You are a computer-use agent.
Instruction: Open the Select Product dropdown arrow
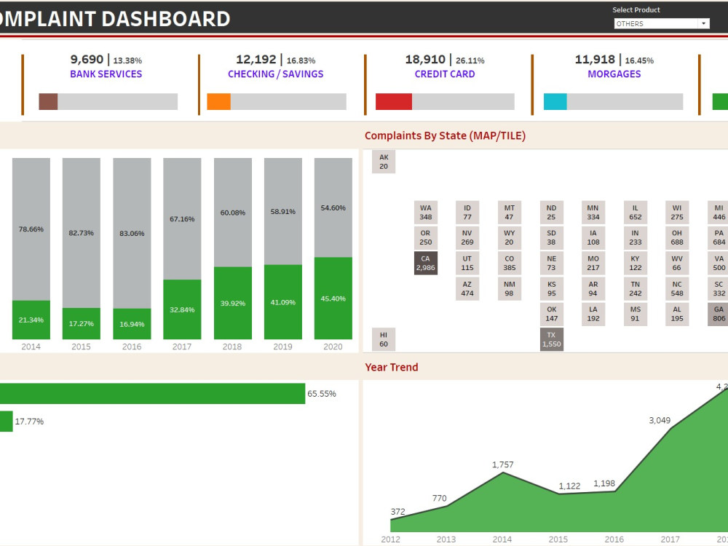coord(703,23)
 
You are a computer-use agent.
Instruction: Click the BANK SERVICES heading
coord(106,74)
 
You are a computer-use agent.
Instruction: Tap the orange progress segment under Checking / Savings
coord(218,102)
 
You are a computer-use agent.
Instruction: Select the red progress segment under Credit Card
coord(393,102)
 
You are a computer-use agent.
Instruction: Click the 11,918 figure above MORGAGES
coord(595,60)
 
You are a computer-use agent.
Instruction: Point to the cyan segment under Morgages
coord(555,102)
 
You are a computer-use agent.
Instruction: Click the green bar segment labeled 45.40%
coord(333,298)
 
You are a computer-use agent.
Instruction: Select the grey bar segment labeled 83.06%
coord(132,233)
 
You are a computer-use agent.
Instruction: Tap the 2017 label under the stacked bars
coord(182,347)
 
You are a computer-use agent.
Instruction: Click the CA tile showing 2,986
coord(425,263)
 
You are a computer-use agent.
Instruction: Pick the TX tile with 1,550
coord(551,339)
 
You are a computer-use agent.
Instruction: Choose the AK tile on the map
coord(384,162)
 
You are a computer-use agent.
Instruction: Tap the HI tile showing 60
coord(384,339)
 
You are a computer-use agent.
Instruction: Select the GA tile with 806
coord(719,314)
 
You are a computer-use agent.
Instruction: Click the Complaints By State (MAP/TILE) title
coord(445,135)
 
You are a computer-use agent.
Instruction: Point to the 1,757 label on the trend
coord(502,464)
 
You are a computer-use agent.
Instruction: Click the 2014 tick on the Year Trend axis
coord(502,539)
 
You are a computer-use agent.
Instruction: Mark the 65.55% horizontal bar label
coord(322,394)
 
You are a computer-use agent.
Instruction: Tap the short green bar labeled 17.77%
coord(5,421)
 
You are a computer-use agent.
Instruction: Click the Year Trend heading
coord(392,367)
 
